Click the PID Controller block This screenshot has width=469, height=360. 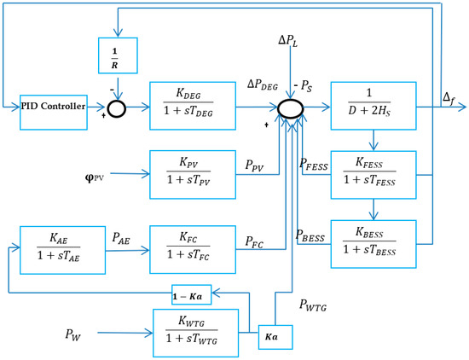pos(53,107)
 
